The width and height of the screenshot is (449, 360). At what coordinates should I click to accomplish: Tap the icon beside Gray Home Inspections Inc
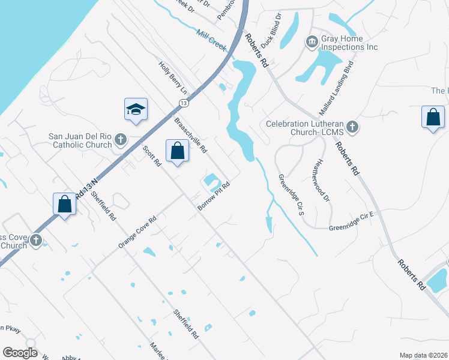(x=312, y=41)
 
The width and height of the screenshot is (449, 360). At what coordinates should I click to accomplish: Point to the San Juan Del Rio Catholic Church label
(x=80, y=140)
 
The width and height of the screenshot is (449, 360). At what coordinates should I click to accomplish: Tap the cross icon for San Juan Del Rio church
(x=120, y=140)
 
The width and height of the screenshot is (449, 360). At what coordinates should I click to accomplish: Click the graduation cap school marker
(x=136, y=109)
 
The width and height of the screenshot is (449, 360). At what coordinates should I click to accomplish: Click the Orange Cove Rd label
(x=137, y=232)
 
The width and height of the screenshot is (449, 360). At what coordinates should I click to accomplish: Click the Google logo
(x=20, y=353)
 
